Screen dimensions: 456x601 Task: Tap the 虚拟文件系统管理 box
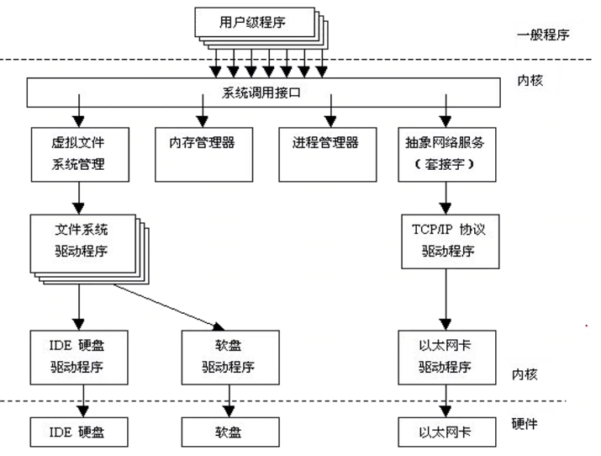tap(81, 152)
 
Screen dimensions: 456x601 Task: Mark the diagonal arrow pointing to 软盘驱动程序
tap(168, 304)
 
